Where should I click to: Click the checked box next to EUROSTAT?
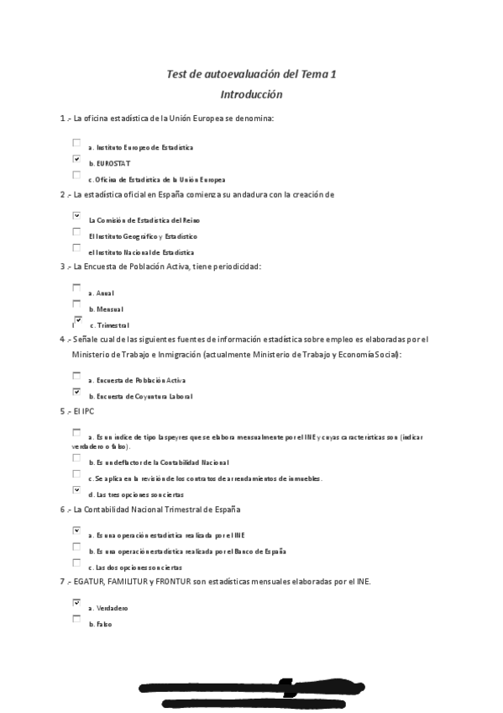tap(76, 159)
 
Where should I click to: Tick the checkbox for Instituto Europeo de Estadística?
tap(76, 143)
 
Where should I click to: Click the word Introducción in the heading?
tap(251, 94)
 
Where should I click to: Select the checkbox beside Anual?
tap(76, 288)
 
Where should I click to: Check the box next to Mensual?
tap(76, 304)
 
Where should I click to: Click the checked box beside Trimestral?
tap(78, 320)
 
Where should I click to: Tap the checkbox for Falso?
tap(76, 620)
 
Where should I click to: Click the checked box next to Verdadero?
tap(76, 603)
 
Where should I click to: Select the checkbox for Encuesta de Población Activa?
tap(76, 376)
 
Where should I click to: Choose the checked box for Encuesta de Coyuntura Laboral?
tap(76, 392)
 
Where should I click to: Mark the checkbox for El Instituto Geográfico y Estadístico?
tap(76, 232)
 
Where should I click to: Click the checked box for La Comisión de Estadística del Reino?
tap(76, 216)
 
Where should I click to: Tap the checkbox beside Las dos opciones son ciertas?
tap(76, 563)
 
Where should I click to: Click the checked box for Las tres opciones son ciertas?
tap(76, 490)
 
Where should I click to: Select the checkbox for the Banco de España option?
tap(76, 547)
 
